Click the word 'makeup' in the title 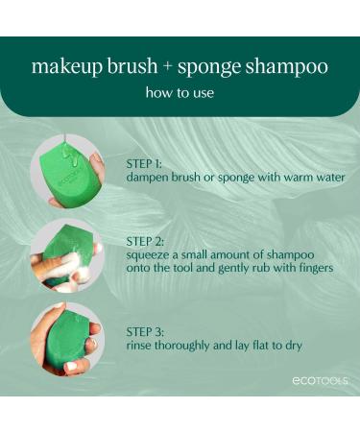pos(63,67)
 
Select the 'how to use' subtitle pos(180,93)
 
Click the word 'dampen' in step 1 pos(150,178)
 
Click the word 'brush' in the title pos(122,67)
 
